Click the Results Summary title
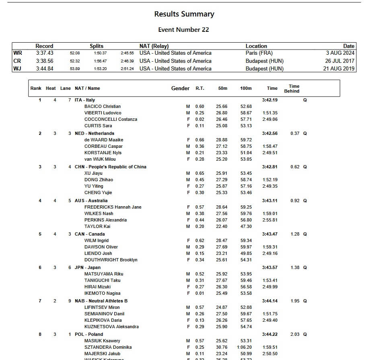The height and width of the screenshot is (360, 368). tap(184, 14)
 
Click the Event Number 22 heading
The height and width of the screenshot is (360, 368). tap(183, 30)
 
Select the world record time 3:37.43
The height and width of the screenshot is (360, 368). tap(44, 53)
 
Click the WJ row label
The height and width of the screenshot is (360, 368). tap(18, 68)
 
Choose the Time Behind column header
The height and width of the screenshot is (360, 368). tap(294, 89)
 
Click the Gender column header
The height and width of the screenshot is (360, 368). tap(180, 88)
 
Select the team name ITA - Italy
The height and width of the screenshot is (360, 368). tap(85, 100)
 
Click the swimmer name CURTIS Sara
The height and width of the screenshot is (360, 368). tap(98, 126)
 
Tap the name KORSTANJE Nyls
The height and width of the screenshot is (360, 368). tap(103, 153)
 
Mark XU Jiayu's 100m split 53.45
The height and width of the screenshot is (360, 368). tap(246, 173)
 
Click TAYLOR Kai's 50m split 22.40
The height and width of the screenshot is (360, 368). tap(222, 226)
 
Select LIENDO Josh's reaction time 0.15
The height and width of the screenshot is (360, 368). tap(199, 253)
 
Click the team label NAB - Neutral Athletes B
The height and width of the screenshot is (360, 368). tap(101, 301)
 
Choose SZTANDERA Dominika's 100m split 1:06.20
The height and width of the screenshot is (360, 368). tap(244, 347)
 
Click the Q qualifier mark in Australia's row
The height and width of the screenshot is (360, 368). tap(305, 201)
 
